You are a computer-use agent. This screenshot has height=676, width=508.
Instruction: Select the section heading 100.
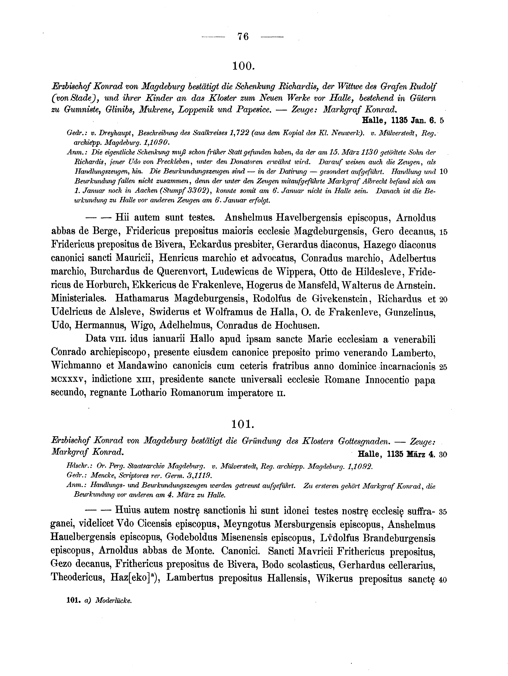(x=243, y=66)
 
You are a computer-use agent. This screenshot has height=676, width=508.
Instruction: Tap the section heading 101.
(x=243, y=424)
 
